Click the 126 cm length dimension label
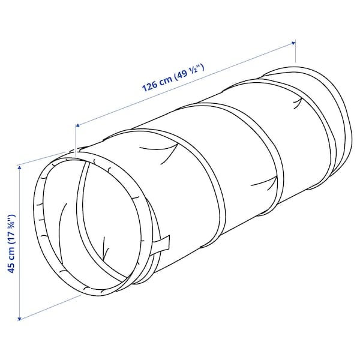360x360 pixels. tap(173, 78)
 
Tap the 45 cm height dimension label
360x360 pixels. tap(11, 244)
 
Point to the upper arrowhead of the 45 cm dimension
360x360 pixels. tap(20, 167)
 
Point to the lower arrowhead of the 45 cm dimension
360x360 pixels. tap(20, 319)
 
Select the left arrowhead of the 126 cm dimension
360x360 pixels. tap(77, 125)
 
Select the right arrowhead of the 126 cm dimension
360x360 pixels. tap(293, 43)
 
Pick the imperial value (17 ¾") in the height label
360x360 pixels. tap(11, 229)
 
